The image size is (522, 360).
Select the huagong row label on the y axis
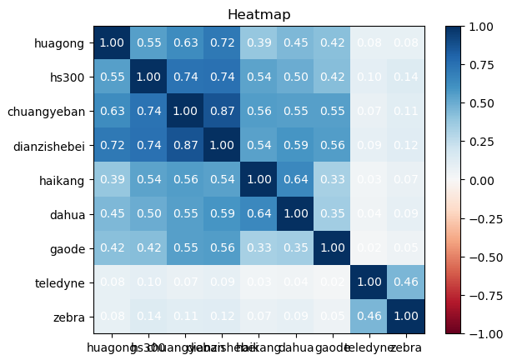coord(59,42)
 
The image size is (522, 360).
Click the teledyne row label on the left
coord(59,282)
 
